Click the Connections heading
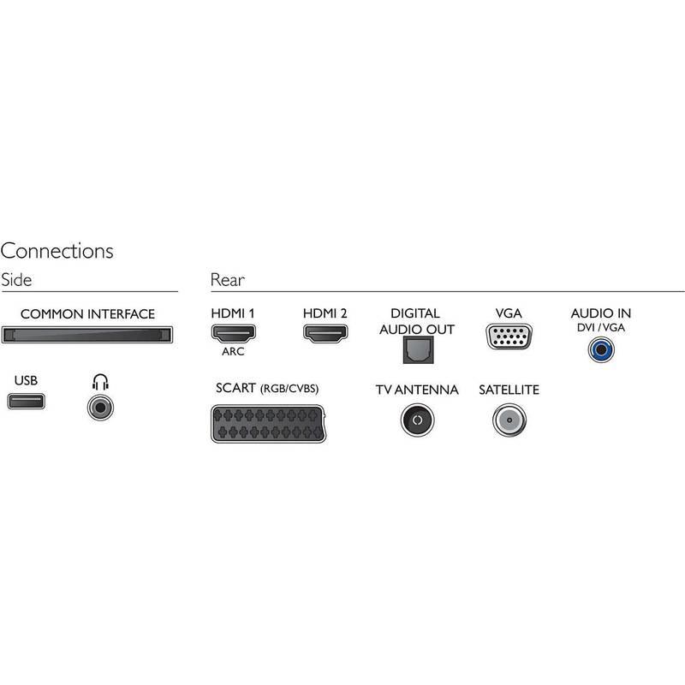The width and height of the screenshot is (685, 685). point(57,252)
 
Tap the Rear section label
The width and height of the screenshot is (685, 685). point(227,280)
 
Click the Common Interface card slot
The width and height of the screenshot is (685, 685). point(88,335)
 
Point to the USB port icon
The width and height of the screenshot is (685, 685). point(27,401)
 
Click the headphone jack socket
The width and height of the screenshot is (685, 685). point(100,408)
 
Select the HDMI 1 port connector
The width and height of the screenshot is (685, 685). point(233,335)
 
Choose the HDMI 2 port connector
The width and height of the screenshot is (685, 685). point(325,335)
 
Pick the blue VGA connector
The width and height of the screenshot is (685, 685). point(508,337)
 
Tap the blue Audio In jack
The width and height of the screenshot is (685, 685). point(600,348)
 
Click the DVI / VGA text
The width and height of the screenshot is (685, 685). point(600,328)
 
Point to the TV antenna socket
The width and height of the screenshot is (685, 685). point(417,420)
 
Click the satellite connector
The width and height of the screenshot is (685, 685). point(509,420)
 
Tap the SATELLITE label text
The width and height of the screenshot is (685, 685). point(509,390)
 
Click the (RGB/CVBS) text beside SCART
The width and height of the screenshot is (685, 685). point(289,390)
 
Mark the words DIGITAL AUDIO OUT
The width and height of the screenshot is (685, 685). point(415,321)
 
